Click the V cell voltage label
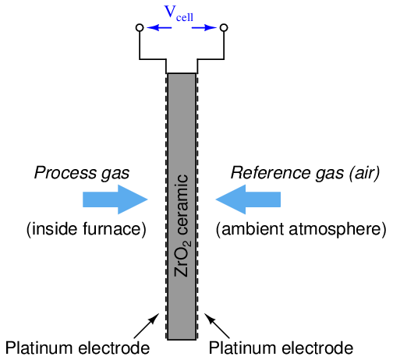[x=179, y=14]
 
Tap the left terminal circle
[x=140, y=27]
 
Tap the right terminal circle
[x=224, y=27]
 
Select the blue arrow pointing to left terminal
[x=159, y=27]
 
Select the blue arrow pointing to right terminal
[x=204, y=27]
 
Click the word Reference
[x=271, y=173]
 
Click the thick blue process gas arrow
[x=115, y=199]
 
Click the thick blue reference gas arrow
[x=248, y=199]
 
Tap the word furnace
[x=115, y=229]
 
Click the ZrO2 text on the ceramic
[x=182, y=259]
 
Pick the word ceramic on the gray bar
[x=182, y=205]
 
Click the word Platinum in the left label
[x=40, y=348]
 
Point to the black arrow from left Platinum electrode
[x=147, y=326]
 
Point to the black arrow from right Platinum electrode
[x=217, y=326]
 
